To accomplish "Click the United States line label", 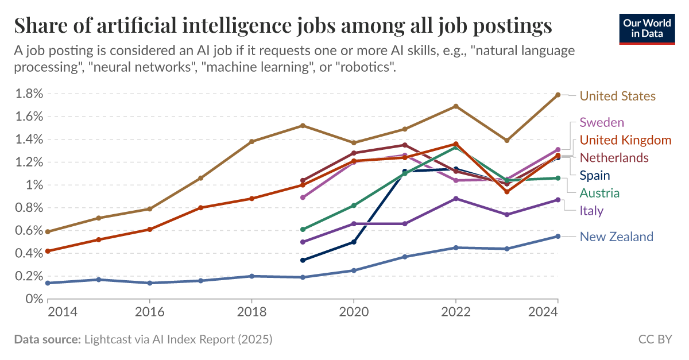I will click(617, 96).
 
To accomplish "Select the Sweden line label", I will click(602, 122).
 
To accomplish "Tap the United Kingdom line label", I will click(625, 140).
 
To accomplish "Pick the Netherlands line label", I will click(614, 158).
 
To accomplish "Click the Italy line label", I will click(591, 211).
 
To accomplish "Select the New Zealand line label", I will click(616, 237).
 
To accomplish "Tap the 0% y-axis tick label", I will click(33, 299).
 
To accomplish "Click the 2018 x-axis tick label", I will click(251, 312).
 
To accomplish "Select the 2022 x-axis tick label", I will click(455, 312).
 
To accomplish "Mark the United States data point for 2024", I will click(558, 95).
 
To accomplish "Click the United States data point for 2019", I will click(302, 126).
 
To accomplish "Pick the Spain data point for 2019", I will click(302, 260).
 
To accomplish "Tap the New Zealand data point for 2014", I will click(48, 283).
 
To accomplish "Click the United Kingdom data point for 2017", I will click(200, 208).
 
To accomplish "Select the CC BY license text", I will click(655, 339).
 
